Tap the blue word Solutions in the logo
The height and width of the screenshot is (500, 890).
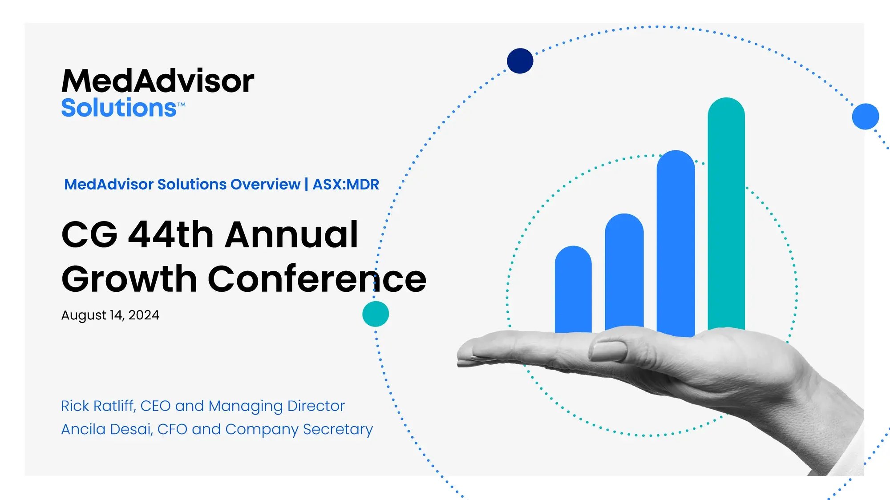119,108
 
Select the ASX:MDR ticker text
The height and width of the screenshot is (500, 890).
346,184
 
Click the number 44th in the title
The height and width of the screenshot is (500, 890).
171,234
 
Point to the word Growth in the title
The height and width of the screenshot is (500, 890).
129,279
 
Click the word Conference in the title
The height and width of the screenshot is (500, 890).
317,278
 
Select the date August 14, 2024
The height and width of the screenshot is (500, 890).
110,315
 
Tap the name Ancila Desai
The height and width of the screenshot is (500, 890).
106,429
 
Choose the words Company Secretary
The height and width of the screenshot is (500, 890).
299,430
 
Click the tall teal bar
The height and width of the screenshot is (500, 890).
726,214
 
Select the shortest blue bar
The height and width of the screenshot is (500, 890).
573,289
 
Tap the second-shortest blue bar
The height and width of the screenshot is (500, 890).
624,271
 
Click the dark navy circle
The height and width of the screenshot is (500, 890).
520,61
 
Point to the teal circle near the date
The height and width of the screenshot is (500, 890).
376,314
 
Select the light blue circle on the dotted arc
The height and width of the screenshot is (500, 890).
866,117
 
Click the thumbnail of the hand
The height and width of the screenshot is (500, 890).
608,351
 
